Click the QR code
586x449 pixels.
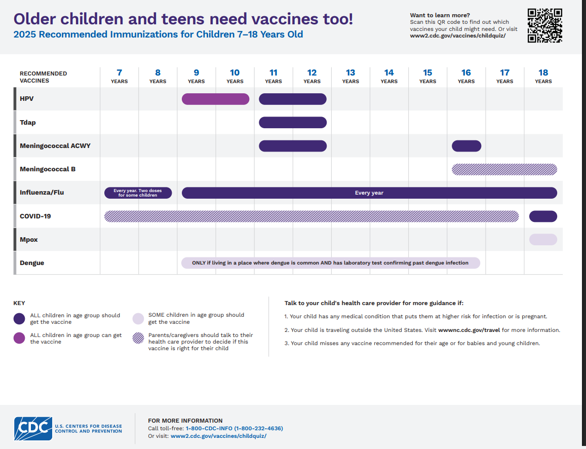[x=545, y=25]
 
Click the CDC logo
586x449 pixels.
[x=33, y=429]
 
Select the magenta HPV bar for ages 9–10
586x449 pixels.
[x=215, y=99]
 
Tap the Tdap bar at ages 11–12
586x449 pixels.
[x=293, y=123]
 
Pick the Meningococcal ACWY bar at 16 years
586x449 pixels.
[x=466, y=146]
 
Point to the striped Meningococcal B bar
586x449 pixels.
[x=504, y=169]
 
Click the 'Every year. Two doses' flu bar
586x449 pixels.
[x=138, y=193]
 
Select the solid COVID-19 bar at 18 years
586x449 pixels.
[x=543, y=216]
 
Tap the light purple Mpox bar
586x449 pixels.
[x=543, y=240]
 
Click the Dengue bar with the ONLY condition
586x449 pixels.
[x=330, y=263]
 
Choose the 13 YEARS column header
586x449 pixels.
[x=350, y=76]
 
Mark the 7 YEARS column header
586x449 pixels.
[x=120, y=76]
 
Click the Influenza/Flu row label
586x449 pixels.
[x=42, y=193]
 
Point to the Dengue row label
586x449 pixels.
[x=32, y=263]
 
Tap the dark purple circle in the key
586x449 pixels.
[x=19, y=319]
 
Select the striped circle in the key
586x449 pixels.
[x=138, y=339]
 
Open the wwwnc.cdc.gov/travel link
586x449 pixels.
[x=469, y=330]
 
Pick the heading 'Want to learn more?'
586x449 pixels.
[x=440, y=15]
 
